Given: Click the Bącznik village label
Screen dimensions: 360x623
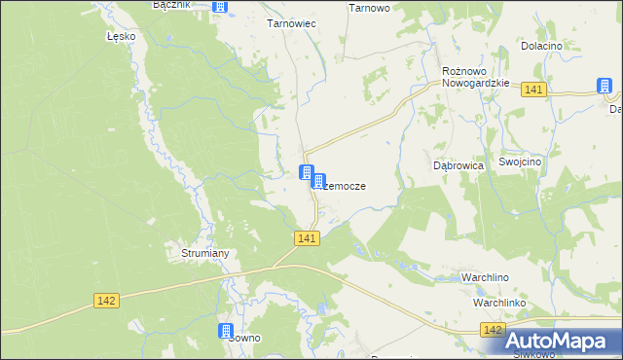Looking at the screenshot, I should pos(172,5).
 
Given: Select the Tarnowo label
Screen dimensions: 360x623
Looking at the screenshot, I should pos(369,7).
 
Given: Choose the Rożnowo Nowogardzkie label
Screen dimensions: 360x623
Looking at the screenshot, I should pos(476,77).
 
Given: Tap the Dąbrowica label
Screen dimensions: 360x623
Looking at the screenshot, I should pos(458,165).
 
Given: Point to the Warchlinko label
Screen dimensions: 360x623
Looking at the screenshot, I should pos(499,303).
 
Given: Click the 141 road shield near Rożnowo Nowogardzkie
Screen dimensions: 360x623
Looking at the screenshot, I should pos(532,90).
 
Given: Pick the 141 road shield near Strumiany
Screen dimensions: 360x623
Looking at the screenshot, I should pos(307,238).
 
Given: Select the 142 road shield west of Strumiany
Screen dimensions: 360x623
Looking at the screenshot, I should pos(107,301).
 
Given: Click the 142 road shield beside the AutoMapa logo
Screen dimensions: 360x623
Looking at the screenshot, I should pos(493,332).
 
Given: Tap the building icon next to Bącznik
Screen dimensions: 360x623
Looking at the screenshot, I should pos(221,7).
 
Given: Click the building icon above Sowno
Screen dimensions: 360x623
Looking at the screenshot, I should pos(227,331).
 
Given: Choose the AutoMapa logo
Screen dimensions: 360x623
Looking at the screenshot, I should pos(563,340).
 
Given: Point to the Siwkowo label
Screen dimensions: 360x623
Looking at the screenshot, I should pos(532,353).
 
